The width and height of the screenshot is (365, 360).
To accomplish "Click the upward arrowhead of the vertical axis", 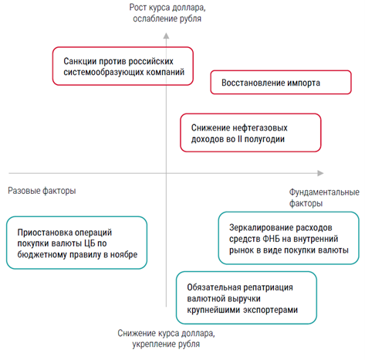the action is pos(166,36).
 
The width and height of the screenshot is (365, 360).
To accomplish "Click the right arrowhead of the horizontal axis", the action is pos(320,173).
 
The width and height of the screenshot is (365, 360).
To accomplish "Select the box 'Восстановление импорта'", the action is pos(281,83).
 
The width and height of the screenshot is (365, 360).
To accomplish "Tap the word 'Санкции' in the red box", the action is pos(80,61).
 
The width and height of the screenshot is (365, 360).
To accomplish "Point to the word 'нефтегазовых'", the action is pos(259,127).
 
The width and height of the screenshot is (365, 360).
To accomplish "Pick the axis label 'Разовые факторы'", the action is pos(42,191).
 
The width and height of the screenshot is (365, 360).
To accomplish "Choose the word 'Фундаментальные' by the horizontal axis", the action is pos(324,192).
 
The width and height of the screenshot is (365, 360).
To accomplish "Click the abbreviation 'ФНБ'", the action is pos(271,239).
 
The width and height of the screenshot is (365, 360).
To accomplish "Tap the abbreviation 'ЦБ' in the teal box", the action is pos(90,243).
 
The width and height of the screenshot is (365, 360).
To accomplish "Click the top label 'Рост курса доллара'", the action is pos(167,8).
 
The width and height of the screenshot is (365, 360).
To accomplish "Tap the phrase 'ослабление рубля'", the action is pos(167,19).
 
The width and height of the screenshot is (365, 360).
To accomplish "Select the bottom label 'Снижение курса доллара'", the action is pos(166,333).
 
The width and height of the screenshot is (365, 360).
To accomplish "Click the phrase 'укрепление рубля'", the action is pos(166,344).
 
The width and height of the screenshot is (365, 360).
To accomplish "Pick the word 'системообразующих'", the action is pos(103,72).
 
